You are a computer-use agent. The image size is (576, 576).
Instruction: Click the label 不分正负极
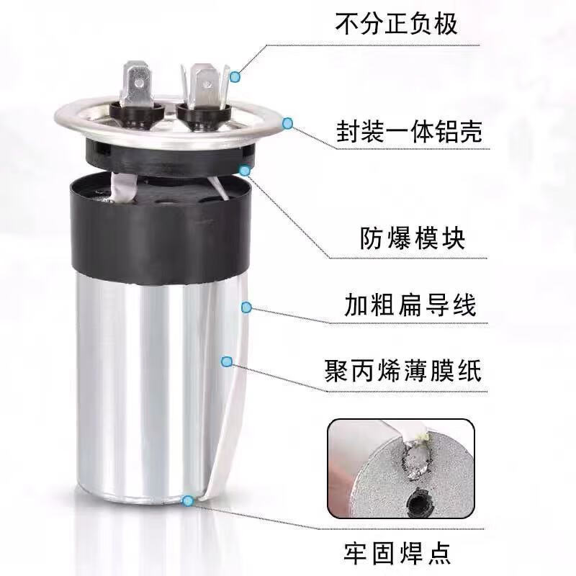(x=397, y=24)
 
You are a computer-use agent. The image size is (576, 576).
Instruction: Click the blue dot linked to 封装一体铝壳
(x=288, y=124)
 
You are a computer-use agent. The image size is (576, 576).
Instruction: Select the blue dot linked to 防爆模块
(x=246, y=171)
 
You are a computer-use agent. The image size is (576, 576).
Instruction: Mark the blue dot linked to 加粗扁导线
(x=246, y=307)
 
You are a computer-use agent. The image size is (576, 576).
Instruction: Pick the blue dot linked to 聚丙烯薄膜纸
(x=227, y=361)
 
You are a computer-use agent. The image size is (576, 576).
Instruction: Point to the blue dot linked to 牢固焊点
(x=189, y=499)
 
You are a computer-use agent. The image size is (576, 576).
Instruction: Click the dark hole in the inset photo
(x=418, y=500)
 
